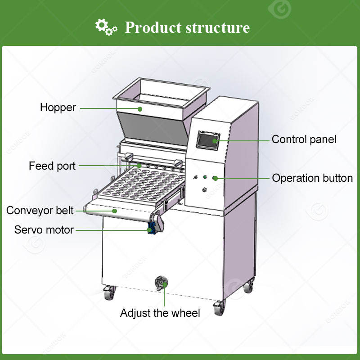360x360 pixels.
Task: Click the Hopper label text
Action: click(x=58, y=108)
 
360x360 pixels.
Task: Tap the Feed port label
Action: click(x=52, y=166)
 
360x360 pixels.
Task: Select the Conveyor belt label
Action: click(x=40, y=210)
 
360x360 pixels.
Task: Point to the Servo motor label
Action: click(x=44, y=229)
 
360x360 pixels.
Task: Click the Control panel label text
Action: click(x=304, y=139)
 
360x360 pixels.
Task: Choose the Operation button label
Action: click(x=312, y=178)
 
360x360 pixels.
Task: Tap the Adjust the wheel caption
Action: click(x=160, y=313)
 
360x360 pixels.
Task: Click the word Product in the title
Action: click(x=152, y=27)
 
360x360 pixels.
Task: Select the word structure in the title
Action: click(x=218, y=27)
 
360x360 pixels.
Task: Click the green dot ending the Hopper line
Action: click(x=140, y=108)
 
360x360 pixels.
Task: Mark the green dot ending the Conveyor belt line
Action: click(x=116, y=210)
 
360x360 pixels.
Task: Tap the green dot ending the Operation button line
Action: click(x=215, y=178)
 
